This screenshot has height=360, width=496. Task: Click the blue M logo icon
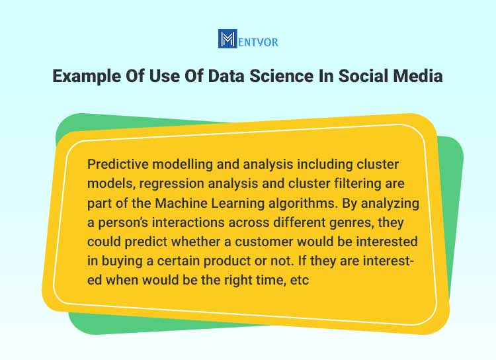[x=227, y=38]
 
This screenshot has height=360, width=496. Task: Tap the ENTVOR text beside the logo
[x=258, y=42]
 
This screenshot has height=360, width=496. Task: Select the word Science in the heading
[x=282, y=76]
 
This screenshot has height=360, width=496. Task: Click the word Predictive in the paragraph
[x=118, y=164]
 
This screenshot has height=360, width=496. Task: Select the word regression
[x=171, y=184]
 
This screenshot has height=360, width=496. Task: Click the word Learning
[x=237, y=203]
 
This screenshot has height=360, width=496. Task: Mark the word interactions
[x=188, y=222]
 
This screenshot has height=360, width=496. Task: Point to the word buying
[x=122, y=261]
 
